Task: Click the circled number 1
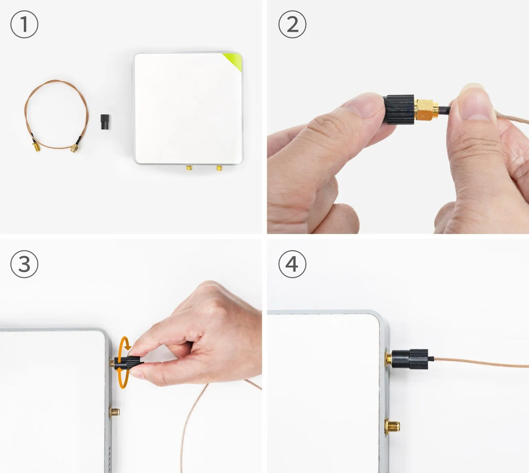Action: point(24,24)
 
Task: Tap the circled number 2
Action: point(292,24)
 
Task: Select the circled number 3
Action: point(24,264)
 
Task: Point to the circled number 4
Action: point(292,264)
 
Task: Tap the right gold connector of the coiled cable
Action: point(74,148)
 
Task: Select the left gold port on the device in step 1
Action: point(189,168)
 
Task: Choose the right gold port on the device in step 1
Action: point(219,168)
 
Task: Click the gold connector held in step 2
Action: point(426,110)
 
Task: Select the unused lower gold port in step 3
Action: point(114,411)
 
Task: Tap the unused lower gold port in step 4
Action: point(392,427)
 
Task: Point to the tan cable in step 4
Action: point(482,362)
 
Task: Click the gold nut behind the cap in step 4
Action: point(388,359)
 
